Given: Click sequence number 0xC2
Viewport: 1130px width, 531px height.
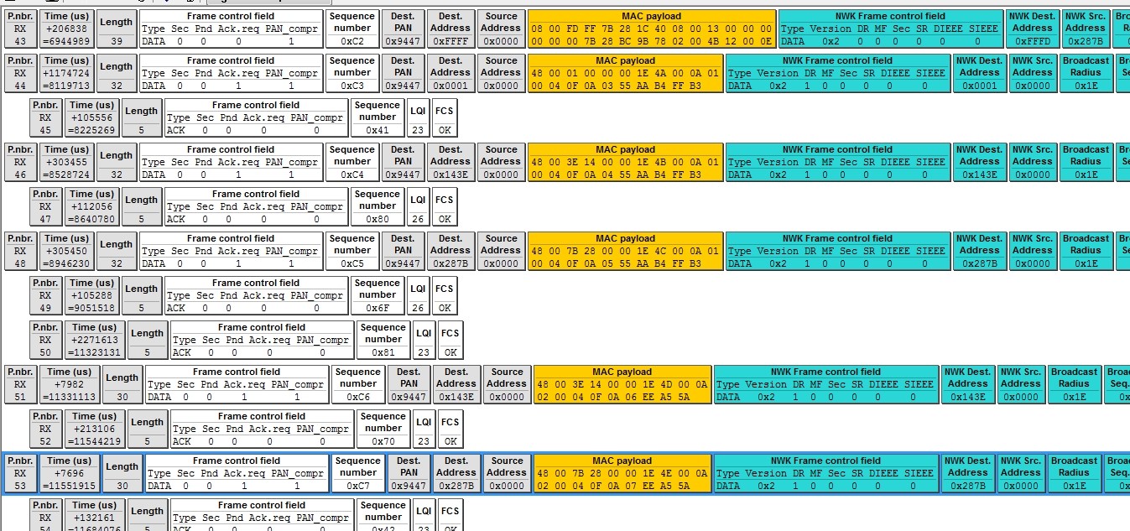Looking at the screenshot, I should coord(351,41).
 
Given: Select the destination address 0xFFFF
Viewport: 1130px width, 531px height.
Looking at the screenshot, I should coord(450,41).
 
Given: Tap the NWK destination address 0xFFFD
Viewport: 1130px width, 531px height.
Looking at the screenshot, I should coord(1032,41).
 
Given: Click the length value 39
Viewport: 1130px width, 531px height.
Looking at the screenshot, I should coord(116,41).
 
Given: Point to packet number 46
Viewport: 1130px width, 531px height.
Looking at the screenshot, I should coord(20,174).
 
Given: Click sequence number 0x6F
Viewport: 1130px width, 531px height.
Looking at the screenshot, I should coord(377,308).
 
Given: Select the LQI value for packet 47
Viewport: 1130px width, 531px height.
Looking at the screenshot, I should coord(418,219).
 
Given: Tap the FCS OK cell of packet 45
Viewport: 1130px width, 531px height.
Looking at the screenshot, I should coord(445,130).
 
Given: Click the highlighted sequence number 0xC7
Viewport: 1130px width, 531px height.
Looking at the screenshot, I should coord(357,486).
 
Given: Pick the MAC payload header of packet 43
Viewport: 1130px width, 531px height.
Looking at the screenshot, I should coord(651,16).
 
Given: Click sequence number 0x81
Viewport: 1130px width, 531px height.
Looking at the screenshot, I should coord(383,352).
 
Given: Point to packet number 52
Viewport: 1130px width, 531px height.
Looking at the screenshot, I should coord(45,441).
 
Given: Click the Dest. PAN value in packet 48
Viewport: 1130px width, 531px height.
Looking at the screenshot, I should coord(403,263).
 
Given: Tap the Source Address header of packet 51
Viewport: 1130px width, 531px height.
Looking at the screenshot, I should coord(507,377).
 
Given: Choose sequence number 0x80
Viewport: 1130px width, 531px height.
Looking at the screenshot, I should coord(377,219).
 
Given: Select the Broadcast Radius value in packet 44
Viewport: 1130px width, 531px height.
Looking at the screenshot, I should coord(1085,86).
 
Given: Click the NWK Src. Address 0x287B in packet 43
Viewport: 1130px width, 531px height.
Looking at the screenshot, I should coord(1085,41).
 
